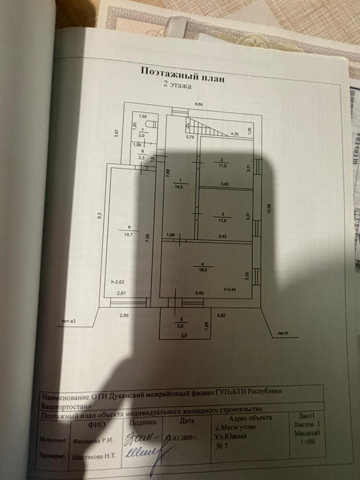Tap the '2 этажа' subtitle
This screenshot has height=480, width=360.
[x=176, y=85]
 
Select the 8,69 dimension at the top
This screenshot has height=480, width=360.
[x=198, y=105]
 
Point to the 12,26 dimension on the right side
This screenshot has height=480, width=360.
[x=268, y=208]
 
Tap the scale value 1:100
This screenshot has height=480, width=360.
[x=307, y=442]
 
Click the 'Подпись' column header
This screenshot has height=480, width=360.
[x=142, y=422]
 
